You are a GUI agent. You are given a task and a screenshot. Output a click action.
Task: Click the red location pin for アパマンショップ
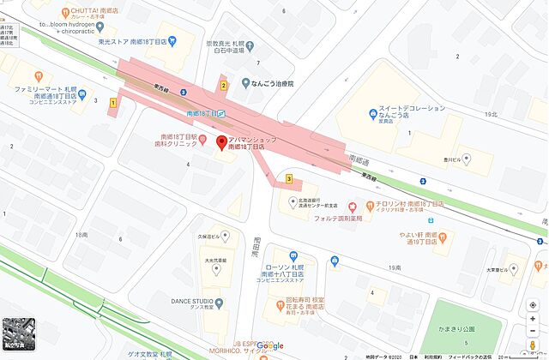tap(220, 143)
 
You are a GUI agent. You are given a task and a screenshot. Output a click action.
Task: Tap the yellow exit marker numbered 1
tap(112, 102)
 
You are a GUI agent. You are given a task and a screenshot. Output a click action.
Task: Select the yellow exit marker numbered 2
tap(224, 85)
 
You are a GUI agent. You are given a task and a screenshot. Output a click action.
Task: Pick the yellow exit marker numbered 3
tap(290, 179)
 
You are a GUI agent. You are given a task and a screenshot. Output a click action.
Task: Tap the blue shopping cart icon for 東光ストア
tap(172, 39)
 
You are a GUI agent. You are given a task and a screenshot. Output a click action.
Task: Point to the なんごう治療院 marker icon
tap(244, 84)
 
